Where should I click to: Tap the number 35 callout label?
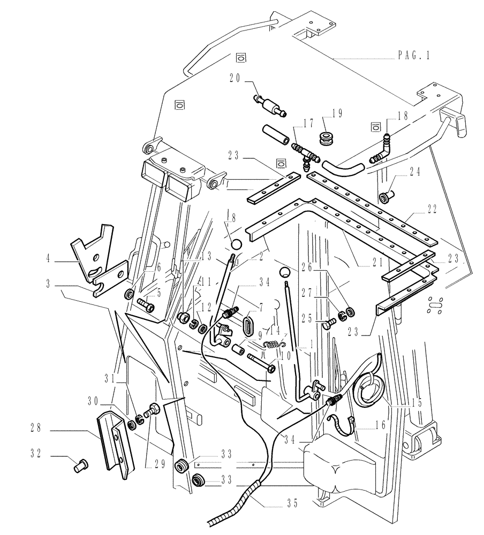[291, 502]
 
